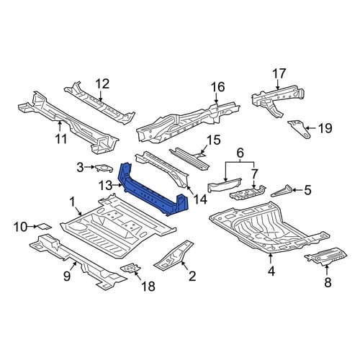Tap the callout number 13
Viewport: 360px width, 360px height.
(106, 185)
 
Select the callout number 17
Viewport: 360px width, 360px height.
(279, 73)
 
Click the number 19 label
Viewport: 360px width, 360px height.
(325, 128)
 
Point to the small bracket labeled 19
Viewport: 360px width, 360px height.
(300, 129)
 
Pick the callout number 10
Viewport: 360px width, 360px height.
(21, 227)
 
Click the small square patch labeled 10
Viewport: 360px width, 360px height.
(43, 226)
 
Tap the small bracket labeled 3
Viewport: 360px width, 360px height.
(104, 168)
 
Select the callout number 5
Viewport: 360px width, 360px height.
(307, 190)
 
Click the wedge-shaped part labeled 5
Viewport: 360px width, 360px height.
(282, 191)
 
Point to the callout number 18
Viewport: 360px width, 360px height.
(148, 286)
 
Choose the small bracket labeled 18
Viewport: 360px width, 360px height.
(131, 268)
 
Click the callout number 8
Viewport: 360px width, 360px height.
(328, 282)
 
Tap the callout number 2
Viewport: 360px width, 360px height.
(192, 276)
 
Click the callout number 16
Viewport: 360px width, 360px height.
(217, 87)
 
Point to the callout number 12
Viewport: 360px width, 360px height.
(102, 84)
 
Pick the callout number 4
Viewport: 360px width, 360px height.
(271, 271)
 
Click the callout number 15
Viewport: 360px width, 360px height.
(213, 140)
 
